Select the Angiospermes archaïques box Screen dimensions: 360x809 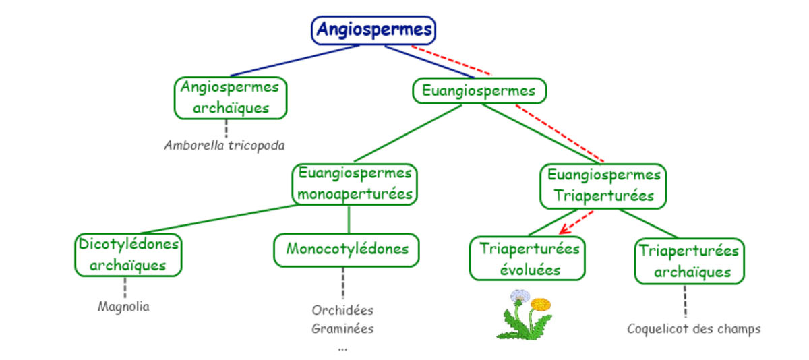tap(231, 98)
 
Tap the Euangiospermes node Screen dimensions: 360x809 tap(479, 90)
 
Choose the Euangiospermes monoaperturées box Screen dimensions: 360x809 tap(355, 184)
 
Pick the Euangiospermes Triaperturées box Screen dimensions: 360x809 tap(603, 185)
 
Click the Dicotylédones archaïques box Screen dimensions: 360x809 tap(128, 254)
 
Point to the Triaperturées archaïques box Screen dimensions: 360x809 tap(688, 262)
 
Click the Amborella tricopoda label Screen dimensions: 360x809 tap(224, 145)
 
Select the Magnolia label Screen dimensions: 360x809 tap(123, 307)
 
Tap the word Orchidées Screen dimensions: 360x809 tap(342, 311)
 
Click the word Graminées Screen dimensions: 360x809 tap(342, 329)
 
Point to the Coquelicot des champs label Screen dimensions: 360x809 tap(694, 329)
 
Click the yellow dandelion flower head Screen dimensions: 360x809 tap(541, 305)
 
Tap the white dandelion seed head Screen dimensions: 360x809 tap(520, 297)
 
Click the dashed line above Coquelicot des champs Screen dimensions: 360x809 tap(686, 301)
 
